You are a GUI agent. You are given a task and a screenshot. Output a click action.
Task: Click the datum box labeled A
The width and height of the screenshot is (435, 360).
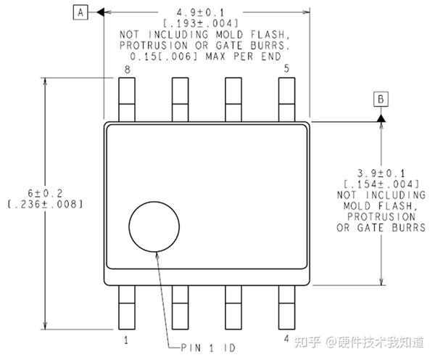[81, 12]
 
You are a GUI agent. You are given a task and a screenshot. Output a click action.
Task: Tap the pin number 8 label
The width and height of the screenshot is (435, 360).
[127, 69]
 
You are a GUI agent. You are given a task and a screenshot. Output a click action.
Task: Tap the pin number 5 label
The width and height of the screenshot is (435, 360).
[287, 69]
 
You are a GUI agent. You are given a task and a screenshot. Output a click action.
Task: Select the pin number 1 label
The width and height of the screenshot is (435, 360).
[126, 339]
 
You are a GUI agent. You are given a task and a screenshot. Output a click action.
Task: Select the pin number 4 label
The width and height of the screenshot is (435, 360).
[287, 339]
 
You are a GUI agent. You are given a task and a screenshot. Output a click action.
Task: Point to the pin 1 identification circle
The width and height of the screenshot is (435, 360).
[154, 226]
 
